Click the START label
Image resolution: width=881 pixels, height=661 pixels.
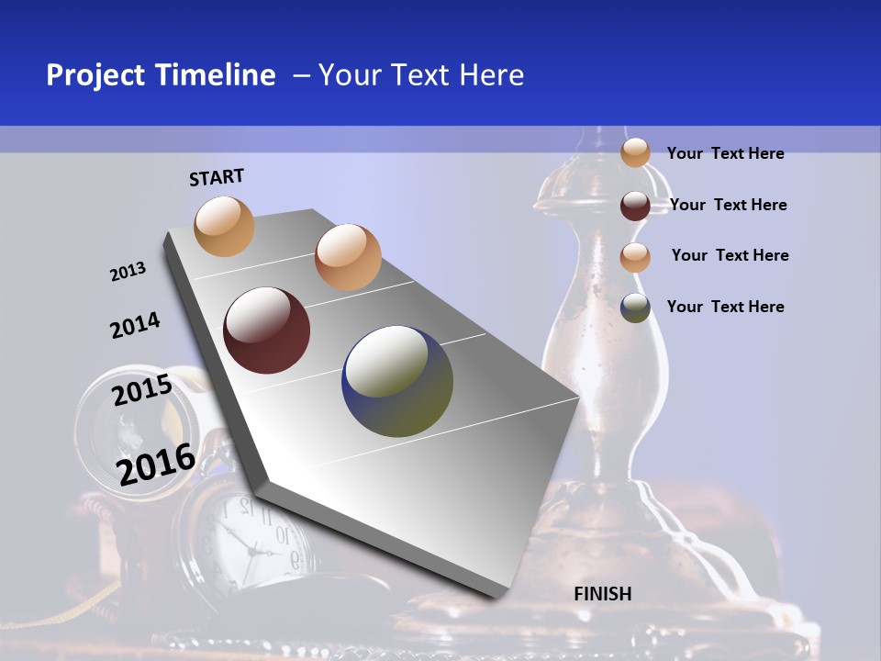pyautogui.click(x=217, y=176)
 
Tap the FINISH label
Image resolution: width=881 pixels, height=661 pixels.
pyautogui.click(x=602, y=594)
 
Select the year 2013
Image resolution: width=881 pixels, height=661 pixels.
pyautogui.click(x=128, y=272)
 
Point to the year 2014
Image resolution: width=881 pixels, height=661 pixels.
pyautogui.click(x=135, y=325)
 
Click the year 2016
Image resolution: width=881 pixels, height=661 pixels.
pyautogui.click(x=156, y=464)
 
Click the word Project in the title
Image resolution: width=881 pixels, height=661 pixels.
pyautogui.click(x=96, y=75)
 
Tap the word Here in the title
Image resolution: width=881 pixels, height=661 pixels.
pyautogui.click(x=491, y=75)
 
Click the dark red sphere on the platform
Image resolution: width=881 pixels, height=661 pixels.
pyautogui.click(x=266, y=330)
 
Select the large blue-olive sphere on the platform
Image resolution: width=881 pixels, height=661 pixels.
pyautogui.click(x=397, y=381)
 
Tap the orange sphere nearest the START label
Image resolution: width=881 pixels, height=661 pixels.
pyautogui.click(x=224, y=226)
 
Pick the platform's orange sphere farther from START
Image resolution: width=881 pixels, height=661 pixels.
pyautogui.click(x=347, y=256)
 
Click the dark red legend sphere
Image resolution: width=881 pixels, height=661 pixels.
pyautogui.click(x=635, y=206)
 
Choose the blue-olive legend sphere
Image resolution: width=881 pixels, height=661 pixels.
pyautogui.click(x=635, y=308)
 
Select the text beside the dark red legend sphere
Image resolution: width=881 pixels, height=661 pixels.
pyautogui.click(x=728, y=205)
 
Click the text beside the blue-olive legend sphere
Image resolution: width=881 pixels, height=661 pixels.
pyautogui.click(x=725, y=307)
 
